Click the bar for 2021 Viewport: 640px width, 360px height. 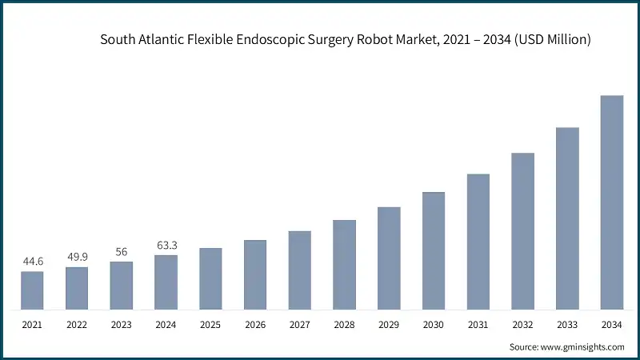pyautogui.click(x=33, y=290)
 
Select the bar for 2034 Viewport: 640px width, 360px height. pyautogui.click(x=612, y=202)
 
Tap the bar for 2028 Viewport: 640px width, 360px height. pyautogui.click(x=344, y=265)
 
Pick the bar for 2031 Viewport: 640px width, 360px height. pyautogui.click(x=478, y=242)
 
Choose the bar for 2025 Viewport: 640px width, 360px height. pyautogui.click(x=210, y=278)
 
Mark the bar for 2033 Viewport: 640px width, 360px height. pyautogui.click(x=567, y=218)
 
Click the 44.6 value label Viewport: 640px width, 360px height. pyautogui.click(x=33, y=261)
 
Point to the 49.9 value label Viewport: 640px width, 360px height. pyautogui.click(x=77, y=256)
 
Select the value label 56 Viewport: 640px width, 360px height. pyautogui.click(x=122, y=251)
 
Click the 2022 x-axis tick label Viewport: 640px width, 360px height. pyautogui.click(x=77, y=325)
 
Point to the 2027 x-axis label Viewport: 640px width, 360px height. pyautogui.click(x=300, y=325)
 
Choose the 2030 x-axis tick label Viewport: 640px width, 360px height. pyautogui.click(x=434, y=325)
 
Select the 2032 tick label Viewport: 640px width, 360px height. pyautogui.click(x=522, y=325)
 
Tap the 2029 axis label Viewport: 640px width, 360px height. pyautogui.click(x=389, y=325)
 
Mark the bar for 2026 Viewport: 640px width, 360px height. pyautogui.click(x=255, y=274)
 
